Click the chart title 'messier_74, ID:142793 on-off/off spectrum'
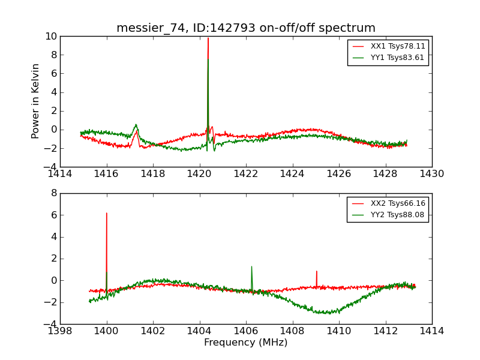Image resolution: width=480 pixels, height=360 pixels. coord(246,28)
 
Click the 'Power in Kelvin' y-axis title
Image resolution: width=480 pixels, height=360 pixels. coord(36,101)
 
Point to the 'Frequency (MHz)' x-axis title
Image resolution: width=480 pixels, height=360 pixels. coord(246,343)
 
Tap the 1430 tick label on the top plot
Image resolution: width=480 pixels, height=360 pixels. coord(432,174)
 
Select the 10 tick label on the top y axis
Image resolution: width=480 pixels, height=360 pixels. coord(51,37)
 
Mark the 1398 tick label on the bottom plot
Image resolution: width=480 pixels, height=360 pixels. coord(60,331)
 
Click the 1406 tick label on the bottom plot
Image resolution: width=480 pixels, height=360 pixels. coord(246,331)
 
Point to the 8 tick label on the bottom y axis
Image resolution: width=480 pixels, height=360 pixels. coord(53,193)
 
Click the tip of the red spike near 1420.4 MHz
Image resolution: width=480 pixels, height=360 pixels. coord(208,38)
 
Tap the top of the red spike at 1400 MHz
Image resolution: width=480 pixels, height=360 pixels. coord(107,213)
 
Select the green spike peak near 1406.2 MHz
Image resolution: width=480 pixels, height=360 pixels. coord(251,266)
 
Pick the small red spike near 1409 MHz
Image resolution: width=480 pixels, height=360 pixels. coord(316,271)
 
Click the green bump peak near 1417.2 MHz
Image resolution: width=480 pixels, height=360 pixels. coord(136,125)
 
